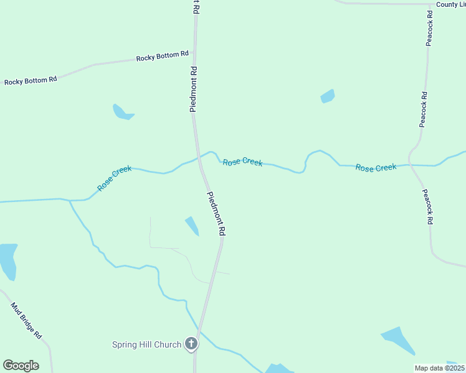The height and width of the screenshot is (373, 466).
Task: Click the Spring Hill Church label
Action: (x=146, y=344)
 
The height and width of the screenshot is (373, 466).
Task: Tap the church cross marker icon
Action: (x=192, y=344)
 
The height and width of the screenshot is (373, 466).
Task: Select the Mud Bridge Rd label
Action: (x=26, y=320)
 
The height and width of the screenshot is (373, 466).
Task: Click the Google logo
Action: (x=21, y=366)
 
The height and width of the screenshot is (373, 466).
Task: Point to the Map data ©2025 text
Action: (x=440, y=368)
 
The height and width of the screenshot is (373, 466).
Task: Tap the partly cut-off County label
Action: (x=451, y=4)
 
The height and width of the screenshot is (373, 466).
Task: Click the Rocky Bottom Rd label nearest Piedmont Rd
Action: (x=162, y=57)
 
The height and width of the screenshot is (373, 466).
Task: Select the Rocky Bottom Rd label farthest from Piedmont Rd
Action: (x=31, y=80)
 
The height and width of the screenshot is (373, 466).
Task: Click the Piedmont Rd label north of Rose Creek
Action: (x=194, y=89)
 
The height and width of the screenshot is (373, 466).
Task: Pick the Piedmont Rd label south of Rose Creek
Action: (x=216, y=213)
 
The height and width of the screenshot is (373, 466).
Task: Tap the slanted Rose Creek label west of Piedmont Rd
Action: (x=114, y=178)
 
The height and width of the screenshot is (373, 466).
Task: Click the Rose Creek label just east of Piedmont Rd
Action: (x=242, y=162)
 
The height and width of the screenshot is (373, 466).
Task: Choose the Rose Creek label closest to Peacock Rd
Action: (x=376, y=167)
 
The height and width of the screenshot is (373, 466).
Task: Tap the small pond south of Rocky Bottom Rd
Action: (x=122, y=113)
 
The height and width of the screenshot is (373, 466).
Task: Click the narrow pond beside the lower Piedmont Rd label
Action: (x=192, y=226)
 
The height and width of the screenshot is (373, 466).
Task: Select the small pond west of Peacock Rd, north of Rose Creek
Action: (x=327, y=96)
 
